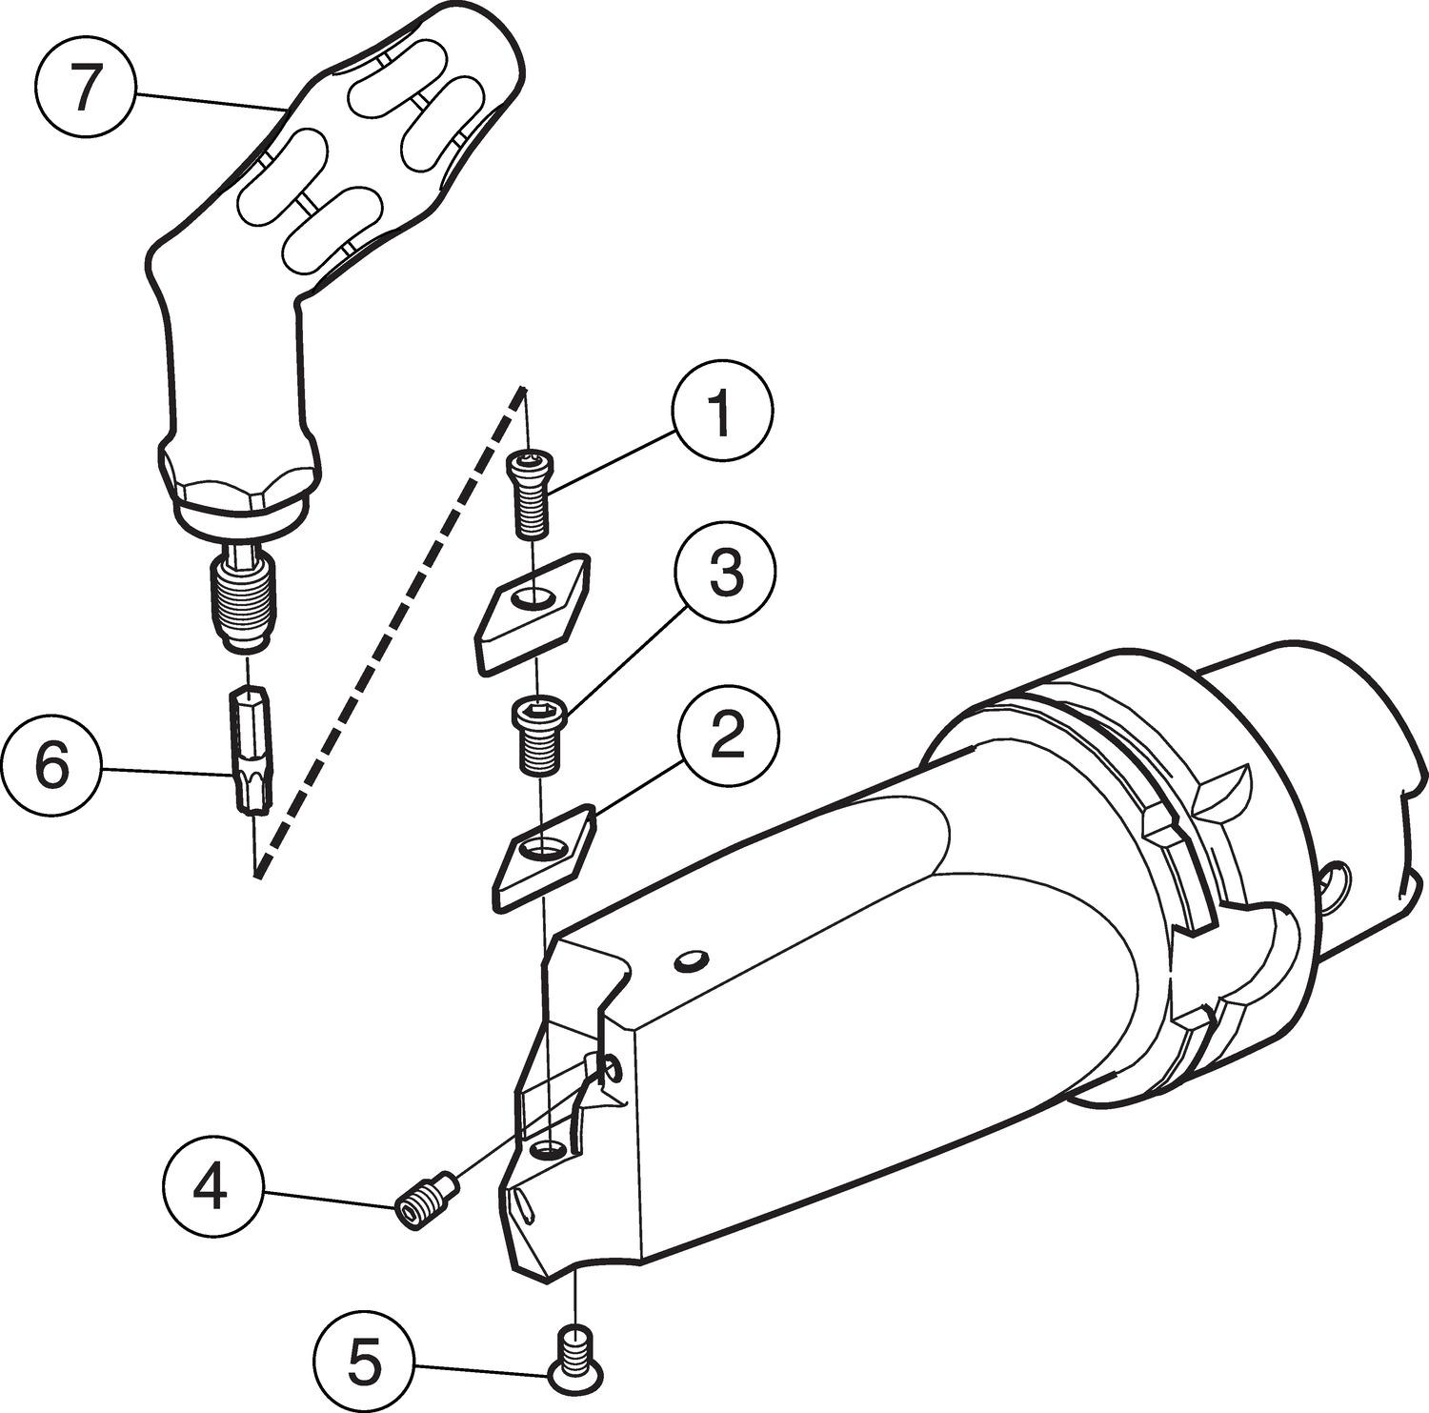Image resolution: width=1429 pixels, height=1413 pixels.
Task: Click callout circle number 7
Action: pos(86,90)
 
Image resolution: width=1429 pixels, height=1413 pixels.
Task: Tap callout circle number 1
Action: pos(722,416)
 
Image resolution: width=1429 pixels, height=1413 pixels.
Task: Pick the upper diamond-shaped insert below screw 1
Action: pos(532,614)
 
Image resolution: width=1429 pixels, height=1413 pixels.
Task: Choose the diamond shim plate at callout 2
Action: pos(544,856)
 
